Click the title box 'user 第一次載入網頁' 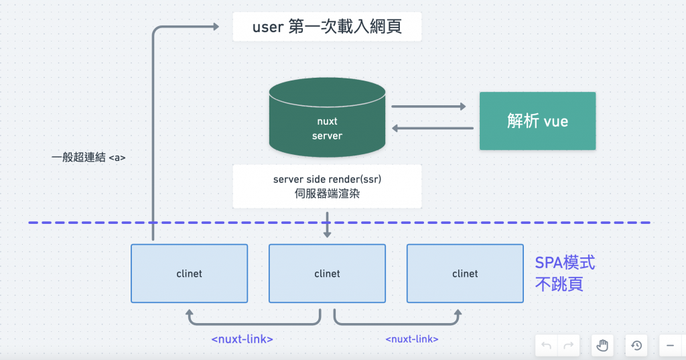(327, 27)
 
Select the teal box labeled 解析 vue (537, 121)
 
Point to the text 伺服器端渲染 (327, 194)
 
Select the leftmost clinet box (189, 273)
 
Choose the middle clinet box (327, 273)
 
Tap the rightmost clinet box (465, 273)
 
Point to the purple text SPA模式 (565, 263)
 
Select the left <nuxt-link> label (242, 339)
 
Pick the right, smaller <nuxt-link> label (412, 339)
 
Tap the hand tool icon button (603, 345)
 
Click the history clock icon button (636, 345)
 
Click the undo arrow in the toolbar (547, 345)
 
